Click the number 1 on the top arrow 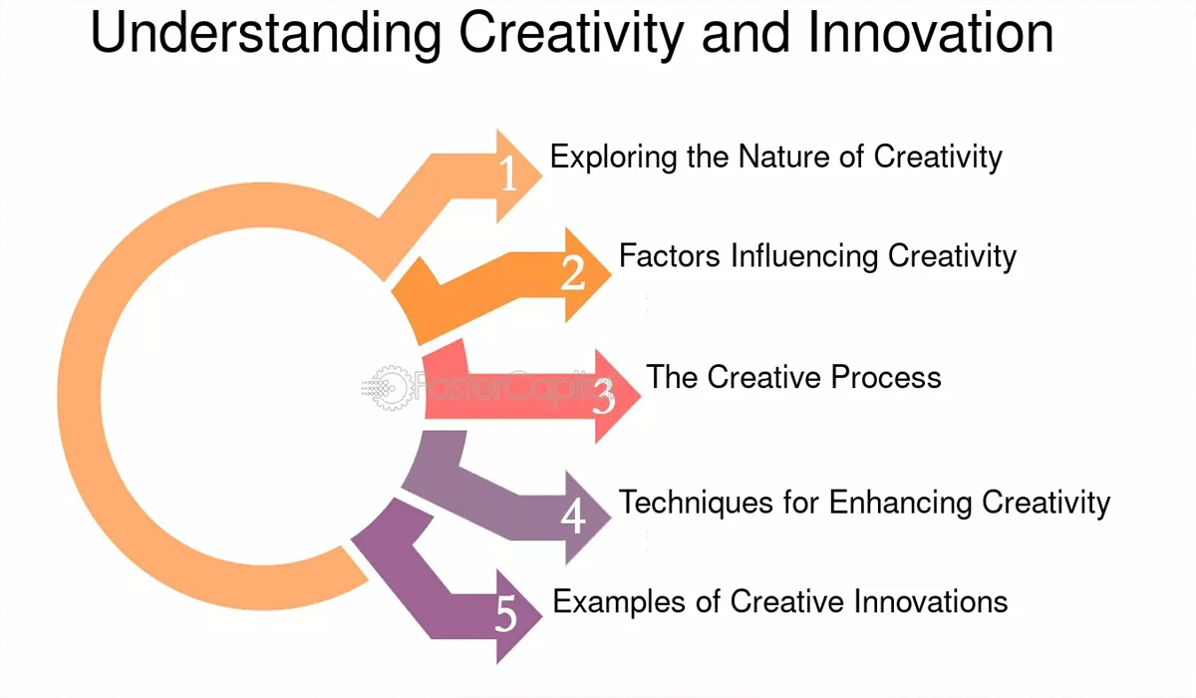pos(508,175)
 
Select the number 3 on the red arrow pos(604,397)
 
